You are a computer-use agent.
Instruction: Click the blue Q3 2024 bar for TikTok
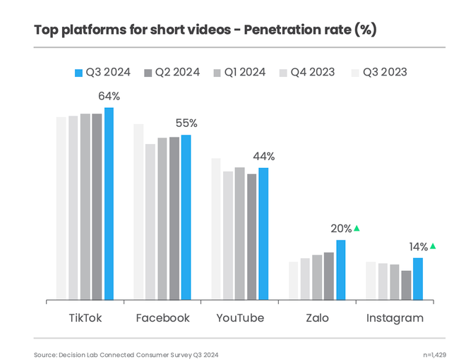(109, 204)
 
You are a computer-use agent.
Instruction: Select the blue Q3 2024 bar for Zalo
(340, 270)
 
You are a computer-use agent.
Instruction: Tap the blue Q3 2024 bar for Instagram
(417, 279)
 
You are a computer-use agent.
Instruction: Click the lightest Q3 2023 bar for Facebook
(138, 212)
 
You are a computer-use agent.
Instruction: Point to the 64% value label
(109, 95)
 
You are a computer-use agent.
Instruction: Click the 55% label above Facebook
(186, 123)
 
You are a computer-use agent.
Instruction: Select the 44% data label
(263, 157)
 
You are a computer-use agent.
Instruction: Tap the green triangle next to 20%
(357, 228)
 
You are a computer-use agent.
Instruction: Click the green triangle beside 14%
(433, 246)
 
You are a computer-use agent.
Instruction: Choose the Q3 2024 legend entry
(102, 72)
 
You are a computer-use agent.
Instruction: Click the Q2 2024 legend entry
(172, 72)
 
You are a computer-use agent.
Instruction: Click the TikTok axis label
(85, 318)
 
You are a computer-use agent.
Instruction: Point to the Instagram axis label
(395, 318)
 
